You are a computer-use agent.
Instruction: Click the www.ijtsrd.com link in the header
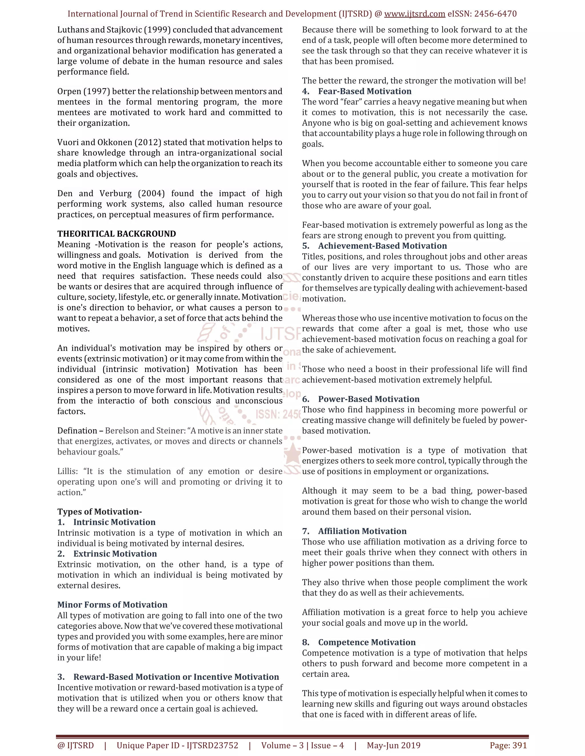coord(414,14)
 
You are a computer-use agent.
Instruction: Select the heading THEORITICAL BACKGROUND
coord(117,234)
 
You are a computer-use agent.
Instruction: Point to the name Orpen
coord(69,91)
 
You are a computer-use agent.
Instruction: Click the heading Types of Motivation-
coord(99,512)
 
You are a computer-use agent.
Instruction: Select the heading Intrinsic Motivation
coord(114,522)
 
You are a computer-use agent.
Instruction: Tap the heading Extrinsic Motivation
coord(115,553)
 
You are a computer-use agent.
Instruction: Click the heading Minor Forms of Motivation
coord(112,605)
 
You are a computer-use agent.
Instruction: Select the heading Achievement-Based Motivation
coord(382,246)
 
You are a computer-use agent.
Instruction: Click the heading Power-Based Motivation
coord(369,399)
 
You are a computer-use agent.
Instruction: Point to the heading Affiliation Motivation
coord(362,531)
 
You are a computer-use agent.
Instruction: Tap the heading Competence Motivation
coord(367,642)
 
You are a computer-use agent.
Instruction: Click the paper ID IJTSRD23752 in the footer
coord(212,745)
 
